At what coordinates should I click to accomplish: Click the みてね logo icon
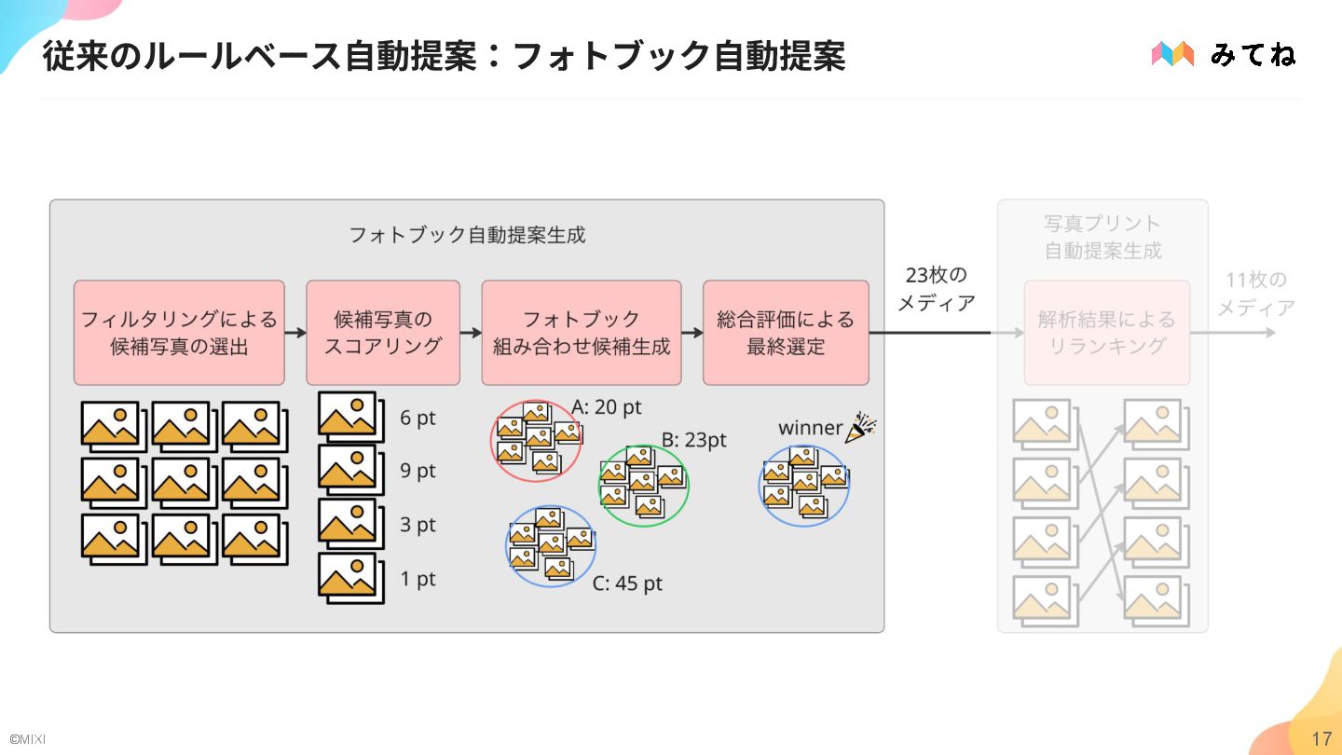1172,54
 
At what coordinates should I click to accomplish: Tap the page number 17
1321,739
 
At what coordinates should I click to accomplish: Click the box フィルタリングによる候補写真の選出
179,333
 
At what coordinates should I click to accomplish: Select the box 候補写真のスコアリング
383,333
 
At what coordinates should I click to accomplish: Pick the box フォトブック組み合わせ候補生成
581,333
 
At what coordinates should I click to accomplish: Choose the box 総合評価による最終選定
786,333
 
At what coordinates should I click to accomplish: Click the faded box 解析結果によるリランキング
1107,333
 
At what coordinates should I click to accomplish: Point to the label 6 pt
418,418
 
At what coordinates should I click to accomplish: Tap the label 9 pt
418,471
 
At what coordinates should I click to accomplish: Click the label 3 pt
418,525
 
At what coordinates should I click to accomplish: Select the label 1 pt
418,579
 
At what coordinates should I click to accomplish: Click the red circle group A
536,441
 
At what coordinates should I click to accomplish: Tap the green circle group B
643,486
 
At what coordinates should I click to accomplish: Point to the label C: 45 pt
627,584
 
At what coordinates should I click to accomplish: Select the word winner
810,428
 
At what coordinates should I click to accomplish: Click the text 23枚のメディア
936,289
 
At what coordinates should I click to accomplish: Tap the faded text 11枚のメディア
1255,294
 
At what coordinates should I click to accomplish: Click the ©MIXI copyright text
28,739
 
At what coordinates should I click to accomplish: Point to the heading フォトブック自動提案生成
467,235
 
